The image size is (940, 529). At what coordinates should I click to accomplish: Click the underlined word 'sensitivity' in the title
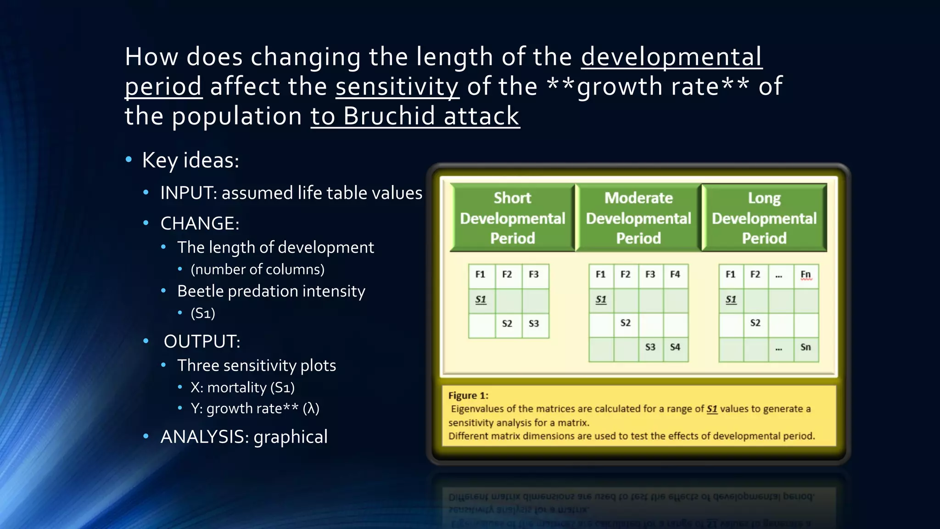tap(397, 86)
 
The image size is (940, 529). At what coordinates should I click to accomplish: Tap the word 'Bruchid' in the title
tap(388, 116)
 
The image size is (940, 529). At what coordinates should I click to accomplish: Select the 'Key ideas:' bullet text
tap(190, 160)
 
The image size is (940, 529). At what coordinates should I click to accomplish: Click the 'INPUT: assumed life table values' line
tap(291, 193)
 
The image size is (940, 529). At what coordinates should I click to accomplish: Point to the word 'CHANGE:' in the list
tap(200, 224)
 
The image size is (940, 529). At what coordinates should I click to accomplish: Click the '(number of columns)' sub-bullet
tap(257, 269)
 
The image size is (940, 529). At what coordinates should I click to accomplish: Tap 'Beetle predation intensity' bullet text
tap(271, 291)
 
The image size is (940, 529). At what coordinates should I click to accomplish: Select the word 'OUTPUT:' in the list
tap(202, 342)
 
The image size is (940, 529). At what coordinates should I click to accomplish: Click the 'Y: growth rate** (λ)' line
tap(255, 408)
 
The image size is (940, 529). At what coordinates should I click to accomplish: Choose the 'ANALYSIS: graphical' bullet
tap(244, 437)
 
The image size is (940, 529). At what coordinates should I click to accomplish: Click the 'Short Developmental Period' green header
tap(512, 218)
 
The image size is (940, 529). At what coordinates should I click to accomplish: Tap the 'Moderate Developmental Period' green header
tap(638, 218)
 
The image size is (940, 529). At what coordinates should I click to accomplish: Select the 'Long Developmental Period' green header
tap(764, 218)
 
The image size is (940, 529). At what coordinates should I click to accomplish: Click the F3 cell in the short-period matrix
tap(534, 275)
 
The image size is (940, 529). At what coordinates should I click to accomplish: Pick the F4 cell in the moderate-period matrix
tap(675, 275)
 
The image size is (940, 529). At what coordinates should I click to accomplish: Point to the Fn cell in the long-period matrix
tap(806, 275)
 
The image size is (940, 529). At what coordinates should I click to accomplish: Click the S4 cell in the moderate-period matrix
tap(675, 347)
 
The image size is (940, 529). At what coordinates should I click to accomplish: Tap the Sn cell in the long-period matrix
tap(806, 347)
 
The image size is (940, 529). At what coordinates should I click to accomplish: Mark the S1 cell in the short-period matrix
tap(481, 300)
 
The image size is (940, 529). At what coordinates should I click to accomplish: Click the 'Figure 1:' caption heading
tap(468, 395)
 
